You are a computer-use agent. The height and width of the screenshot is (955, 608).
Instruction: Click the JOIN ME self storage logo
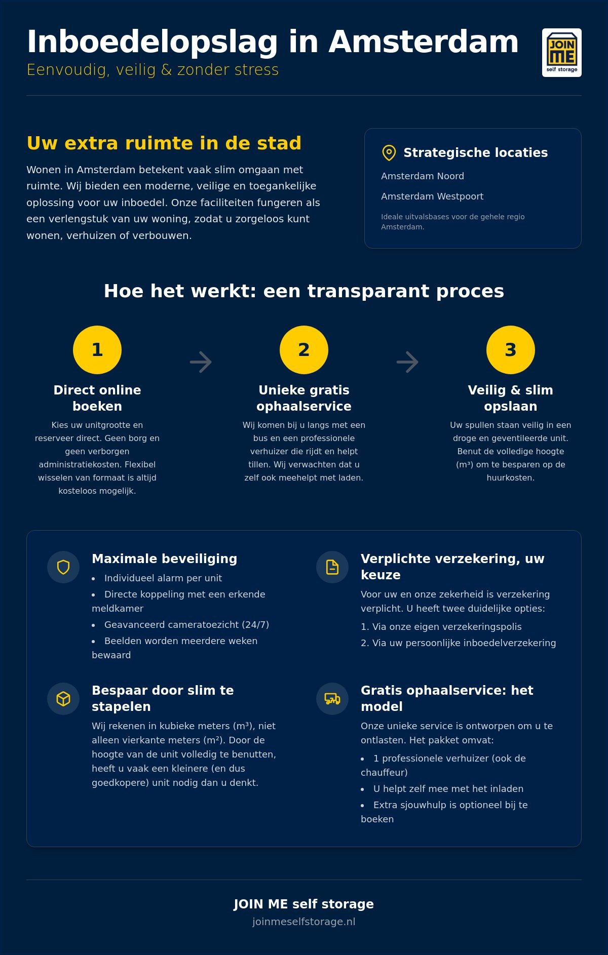click(562, 53)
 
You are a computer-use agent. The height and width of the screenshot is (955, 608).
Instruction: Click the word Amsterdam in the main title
click(424, 42)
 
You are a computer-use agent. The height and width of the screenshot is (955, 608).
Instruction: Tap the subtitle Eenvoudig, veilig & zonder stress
click(153, 70)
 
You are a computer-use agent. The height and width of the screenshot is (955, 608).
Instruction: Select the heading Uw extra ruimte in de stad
click(164, 143)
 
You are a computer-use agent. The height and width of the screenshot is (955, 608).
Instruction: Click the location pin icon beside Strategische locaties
click(389, 153)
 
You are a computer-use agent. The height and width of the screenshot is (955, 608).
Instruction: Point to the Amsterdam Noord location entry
click(423, 176)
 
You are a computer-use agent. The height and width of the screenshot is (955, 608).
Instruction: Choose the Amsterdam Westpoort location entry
click(432, 196)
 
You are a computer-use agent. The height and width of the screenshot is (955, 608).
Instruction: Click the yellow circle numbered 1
click(97, 350)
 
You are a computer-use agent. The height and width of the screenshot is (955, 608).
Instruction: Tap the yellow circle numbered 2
click(304, 350)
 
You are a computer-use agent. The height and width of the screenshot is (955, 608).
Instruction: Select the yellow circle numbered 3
click(511, 350)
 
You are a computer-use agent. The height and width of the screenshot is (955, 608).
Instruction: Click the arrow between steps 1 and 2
click(201, 362)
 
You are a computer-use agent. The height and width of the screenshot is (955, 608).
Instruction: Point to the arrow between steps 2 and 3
click(407, 362)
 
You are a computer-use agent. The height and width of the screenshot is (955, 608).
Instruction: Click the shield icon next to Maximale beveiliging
click(63, 567)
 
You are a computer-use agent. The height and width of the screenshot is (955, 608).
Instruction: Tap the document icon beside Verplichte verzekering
click(332, 567)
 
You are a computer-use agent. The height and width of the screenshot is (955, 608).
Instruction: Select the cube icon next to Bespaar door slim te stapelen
click(63, 699)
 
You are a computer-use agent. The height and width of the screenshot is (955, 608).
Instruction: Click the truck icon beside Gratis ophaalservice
click(332, 699)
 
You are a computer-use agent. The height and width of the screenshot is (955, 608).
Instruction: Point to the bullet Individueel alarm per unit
click(163, 578)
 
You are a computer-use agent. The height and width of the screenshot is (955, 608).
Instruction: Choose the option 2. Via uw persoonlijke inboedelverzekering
click(459, 643)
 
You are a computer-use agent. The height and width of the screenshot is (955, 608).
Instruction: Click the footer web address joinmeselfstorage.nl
click(304, 922)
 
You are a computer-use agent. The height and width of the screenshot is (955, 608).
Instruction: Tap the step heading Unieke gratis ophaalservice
click(304, 398)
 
